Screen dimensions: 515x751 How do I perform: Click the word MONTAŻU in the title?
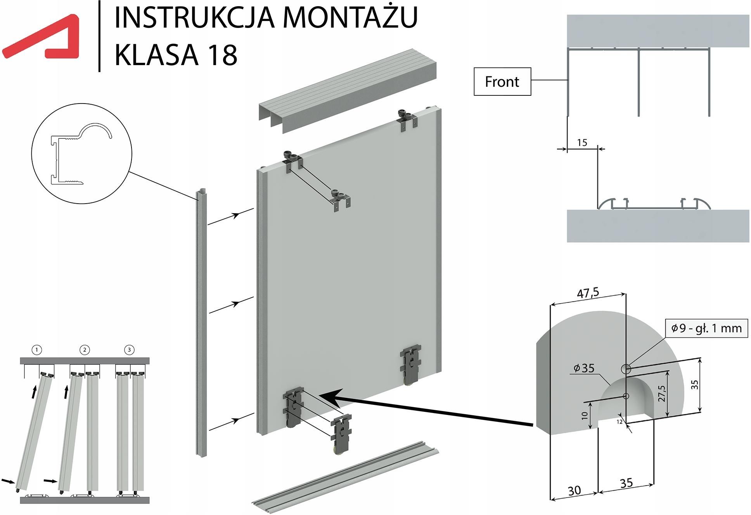pos(350,17)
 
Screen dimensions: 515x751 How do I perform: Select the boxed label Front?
pos(502,82)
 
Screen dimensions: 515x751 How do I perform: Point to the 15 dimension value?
pos(582,143)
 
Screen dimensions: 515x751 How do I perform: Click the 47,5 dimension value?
pos(588,293)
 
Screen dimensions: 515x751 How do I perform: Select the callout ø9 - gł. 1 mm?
pos(706,328)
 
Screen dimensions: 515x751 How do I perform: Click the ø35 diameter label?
pos(584,368)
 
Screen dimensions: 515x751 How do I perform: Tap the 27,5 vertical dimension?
pos(662,393)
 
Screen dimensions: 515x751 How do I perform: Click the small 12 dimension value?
pos(619,422)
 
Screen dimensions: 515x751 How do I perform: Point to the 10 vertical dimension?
pos(585,415)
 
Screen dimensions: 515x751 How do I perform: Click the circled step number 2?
pos(85,350)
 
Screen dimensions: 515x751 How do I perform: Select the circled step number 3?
pos(129,350)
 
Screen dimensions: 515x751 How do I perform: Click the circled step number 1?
pos(36,350)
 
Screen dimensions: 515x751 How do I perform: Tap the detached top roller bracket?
pos(340,200)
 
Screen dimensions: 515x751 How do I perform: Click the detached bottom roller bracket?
pos(341,432)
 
